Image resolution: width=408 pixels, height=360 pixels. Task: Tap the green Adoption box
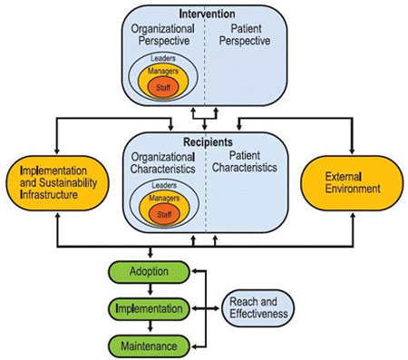coord(149,270)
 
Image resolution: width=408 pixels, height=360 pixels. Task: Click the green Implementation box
coord(149,308)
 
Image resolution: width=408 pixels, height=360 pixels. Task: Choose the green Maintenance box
coord(149,345)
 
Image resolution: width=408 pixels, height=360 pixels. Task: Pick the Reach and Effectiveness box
coord(258,308)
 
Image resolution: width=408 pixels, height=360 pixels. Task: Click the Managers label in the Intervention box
coord(165,70)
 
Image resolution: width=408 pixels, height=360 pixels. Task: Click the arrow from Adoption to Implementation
coord(149,288)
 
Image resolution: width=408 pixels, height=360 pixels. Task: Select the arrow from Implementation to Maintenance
coord(149,326)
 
